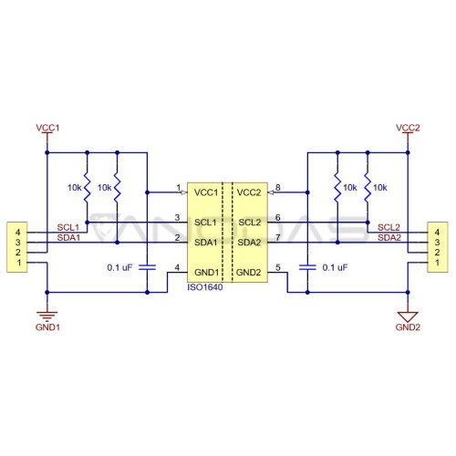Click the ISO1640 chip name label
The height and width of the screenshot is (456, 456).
pyautogui.click(x=205, y=287)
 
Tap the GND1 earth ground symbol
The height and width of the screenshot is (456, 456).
pyautogui.click(x=47, y=316)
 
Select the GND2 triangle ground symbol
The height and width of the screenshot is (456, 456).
pyautogui.click(x=408, y=316)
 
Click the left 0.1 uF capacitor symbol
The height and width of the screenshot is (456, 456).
pyautogui.click(x=147, y=267)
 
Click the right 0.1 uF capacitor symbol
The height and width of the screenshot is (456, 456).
pyautogui.click(x=307, y=267)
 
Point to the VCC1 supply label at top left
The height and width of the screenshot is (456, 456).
pyautogui.click(x=47, y=128)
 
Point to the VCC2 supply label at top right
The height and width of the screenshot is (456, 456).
pyautogui.click(x=408, y=128)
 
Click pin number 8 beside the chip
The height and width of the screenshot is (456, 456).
pyautogui.click(x=277, y=188)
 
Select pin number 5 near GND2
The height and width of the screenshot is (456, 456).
pyautogui.click(x=277, y=267)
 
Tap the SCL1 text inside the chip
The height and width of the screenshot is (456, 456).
pyautogui.click(x=206, y=223)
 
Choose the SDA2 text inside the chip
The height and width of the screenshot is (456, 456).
pyautogui.click(x=249, y=243)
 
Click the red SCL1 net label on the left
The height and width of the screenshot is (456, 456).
pyautogui.click(x=68, y=227)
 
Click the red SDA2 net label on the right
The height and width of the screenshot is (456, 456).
pyautogui.click(x=389, y=238)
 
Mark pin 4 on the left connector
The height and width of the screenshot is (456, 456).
pyautogui.click(x=18, y=233)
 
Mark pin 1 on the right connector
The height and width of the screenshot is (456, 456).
pyautogui.click(x=437, y=263)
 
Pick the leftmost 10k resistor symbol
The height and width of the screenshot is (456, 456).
pyautogui.click(x=87, y=188)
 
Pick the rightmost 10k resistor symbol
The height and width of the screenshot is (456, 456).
pyautogui.click(x=368, y=188)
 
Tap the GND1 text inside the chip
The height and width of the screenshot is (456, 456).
pyautogui.click(x=206, y=273)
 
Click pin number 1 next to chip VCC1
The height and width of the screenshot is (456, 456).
pyautogui.click(x=179, y=188)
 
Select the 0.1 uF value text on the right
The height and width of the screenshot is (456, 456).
pyautogui.click(x=335, y=267)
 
